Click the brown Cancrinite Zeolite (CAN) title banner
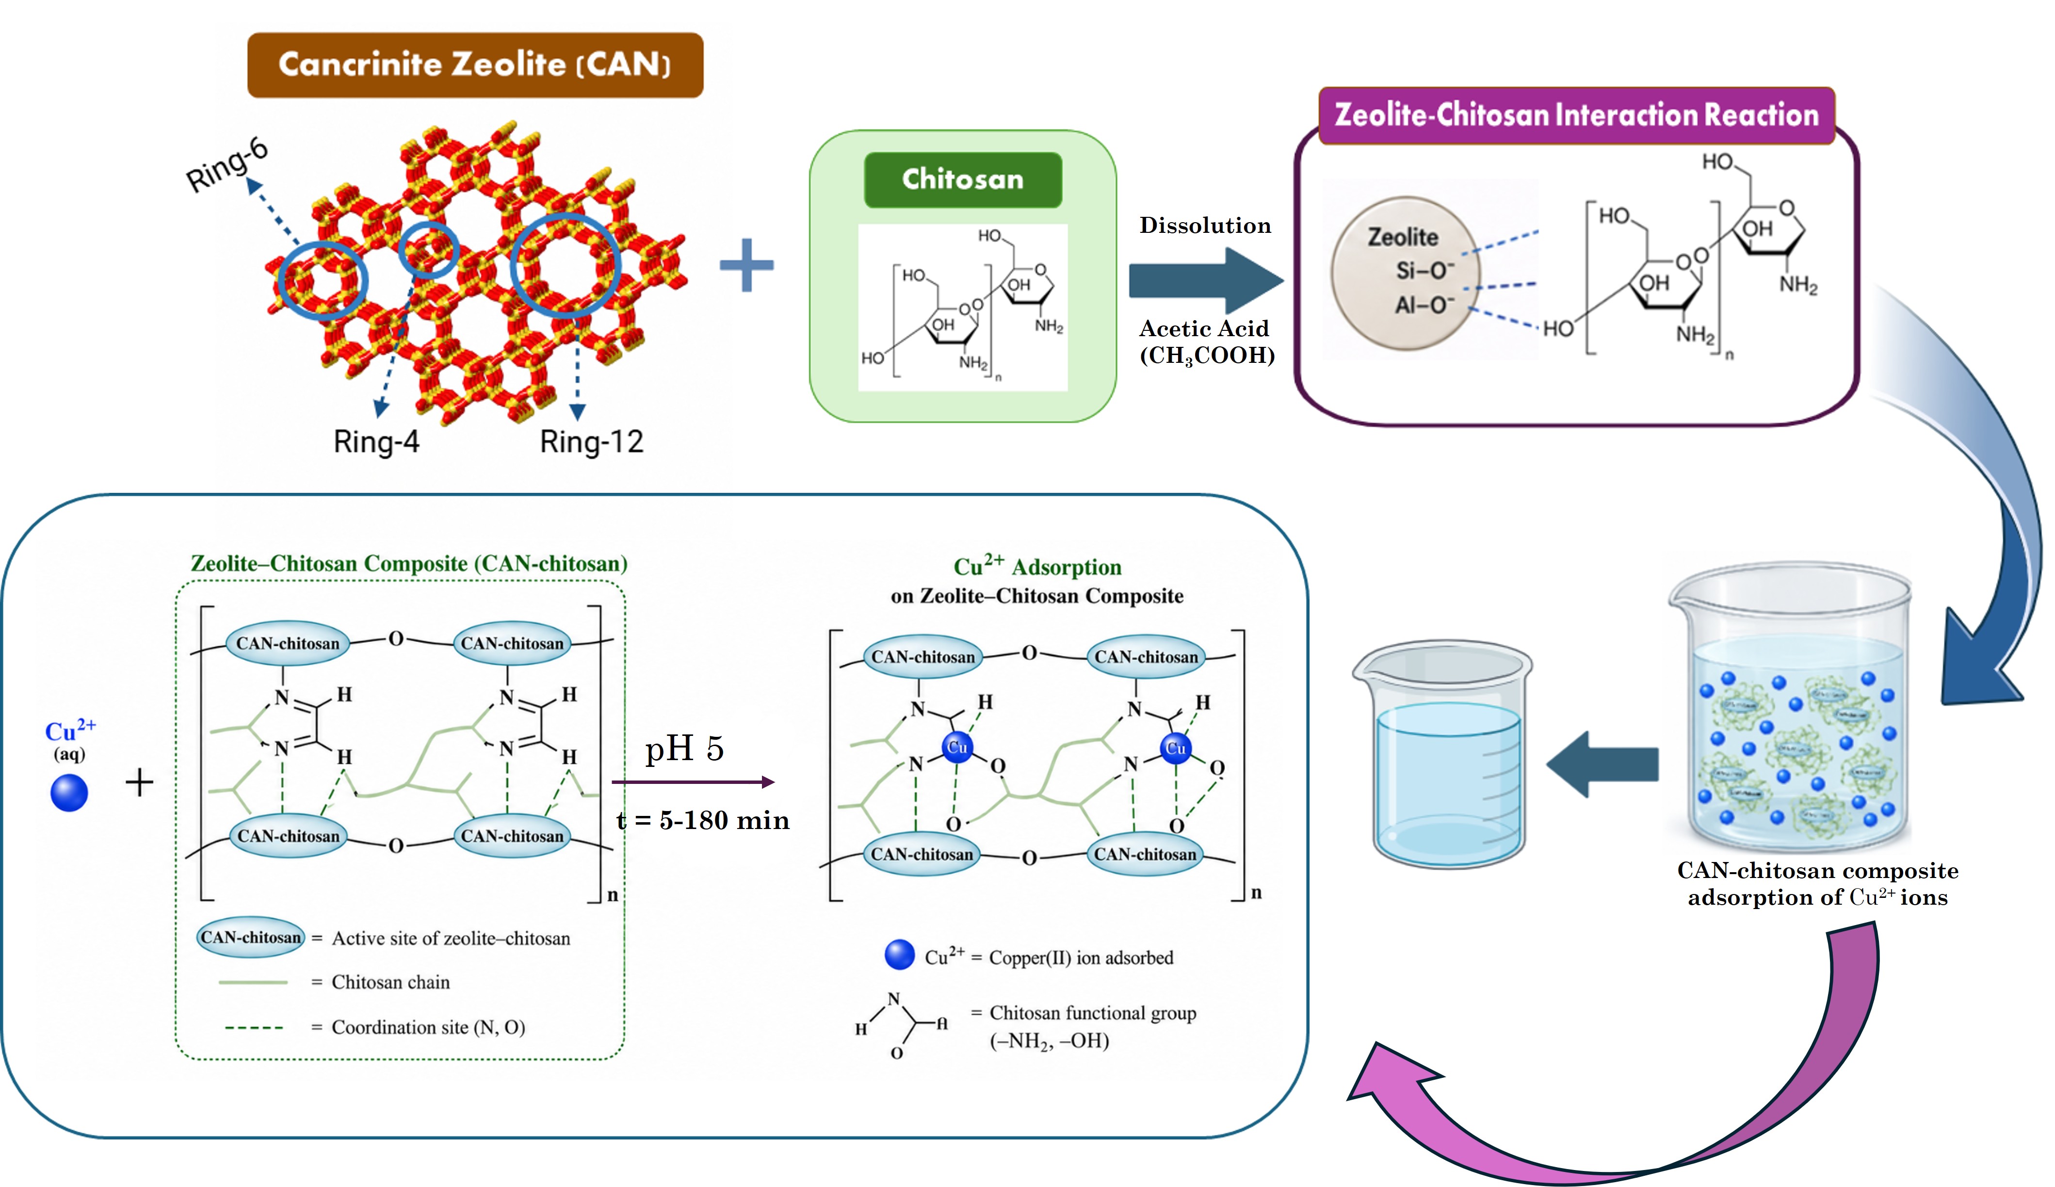(x=475, y=65)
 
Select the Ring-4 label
(x=376, y=442)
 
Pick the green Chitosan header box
(x=963, y=179)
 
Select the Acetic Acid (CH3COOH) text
(x=1206, y=341)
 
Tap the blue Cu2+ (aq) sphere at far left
(x=69, y=793)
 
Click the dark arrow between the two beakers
(x=1602, y=764)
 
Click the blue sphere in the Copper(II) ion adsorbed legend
(x=900, y=955)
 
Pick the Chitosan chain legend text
(x=390, y=982)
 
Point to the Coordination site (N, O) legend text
(x=428, y=1027)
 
